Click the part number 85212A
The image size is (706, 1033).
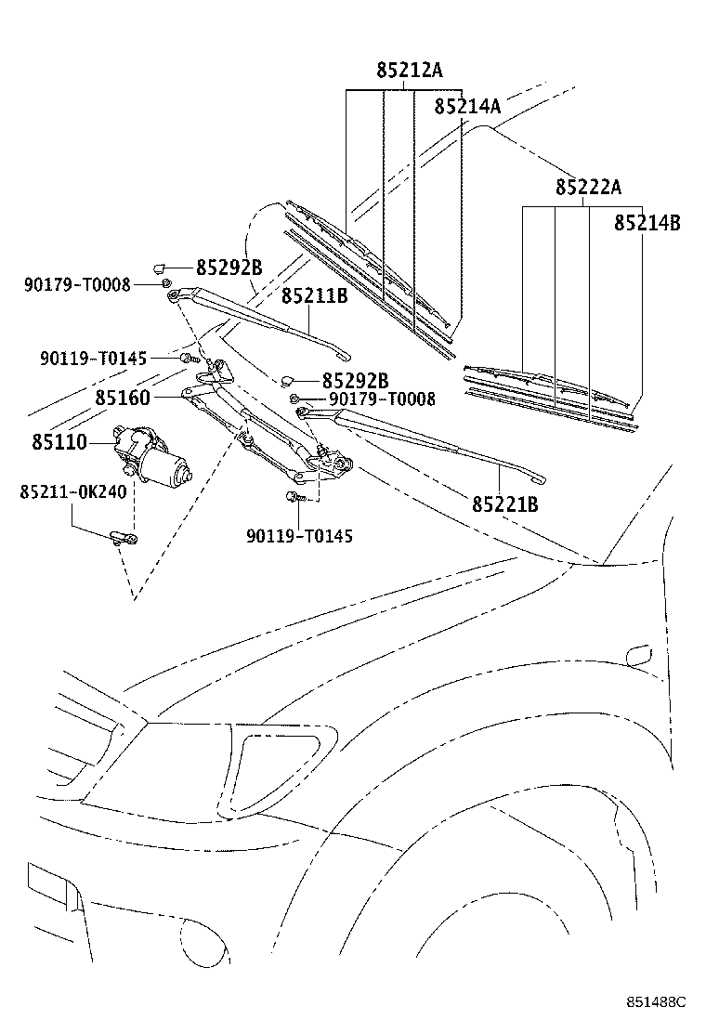pos(410,71)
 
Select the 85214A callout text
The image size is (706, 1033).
pos(467,107)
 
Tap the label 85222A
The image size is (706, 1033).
pos(588,187)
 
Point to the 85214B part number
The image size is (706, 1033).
pos(647,223)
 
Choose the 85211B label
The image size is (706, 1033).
pos(315,297)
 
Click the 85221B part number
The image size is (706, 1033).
pos(505,504)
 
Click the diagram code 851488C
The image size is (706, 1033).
pos(654,1002)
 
